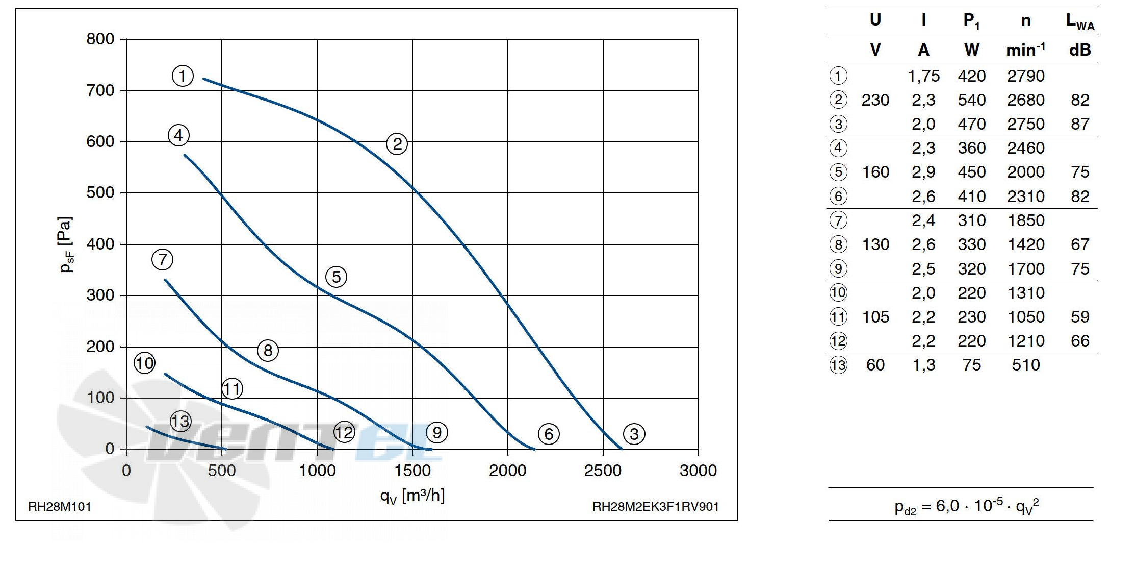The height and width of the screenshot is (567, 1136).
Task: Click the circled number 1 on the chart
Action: pyautogui.click(x=183, y=76)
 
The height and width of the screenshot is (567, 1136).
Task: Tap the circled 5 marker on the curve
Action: pyautogui.click(x=336, y=277)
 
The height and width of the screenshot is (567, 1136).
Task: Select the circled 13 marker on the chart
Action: pyautogui.click(x=180, y=422)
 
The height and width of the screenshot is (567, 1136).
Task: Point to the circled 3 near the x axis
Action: pyautogui.click(x=634, y=434)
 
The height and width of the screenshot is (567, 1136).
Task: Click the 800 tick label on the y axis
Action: pyautogui.click(x=100, y=39)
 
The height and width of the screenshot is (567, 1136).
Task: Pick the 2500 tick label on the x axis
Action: pyautogui.click(x=603, y=471)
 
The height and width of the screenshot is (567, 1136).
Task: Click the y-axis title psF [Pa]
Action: pyautogui.click(x=66, y=244)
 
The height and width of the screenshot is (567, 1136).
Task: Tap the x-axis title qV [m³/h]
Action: pyautogui.click(x=412, y=495)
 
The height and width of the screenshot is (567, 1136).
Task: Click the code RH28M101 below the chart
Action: pyautogui.click(x=60, y=507)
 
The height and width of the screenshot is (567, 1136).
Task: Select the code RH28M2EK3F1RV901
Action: pyautogui.click(x=655, y=507)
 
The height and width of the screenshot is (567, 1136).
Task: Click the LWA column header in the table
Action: pyautogui.click(x=1079, y=21)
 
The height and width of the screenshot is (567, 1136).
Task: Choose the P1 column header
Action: pyautogui.click(x=971, y=20)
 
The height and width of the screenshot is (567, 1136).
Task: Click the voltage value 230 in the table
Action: pyautogui.click(x=875, y=100)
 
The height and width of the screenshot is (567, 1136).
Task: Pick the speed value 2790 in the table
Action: pyautogui.click(x=1025, y=76)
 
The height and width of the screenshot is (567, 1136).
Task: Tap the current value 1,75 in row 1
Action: pyautogui.click(x=923, y=76)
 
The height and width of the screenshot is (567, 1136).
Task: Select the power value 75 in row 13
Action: pyautogui.click(x=971, y=365)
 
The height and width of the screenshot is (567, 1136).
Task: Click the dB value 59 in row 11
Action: pyautogui.click(x=1079, y=317)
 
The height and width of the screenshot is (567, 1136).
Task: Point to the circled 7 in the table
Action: pyautogui.click(x=838, y=220)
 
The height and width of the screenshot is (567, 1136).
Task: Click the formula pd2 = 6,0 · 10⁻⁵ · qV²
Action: pyautogui.click(x=966, y=506)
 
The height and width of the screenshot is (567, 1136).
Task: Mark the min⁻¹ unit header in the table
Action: pyautogui.click(x=1025, y=50)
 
